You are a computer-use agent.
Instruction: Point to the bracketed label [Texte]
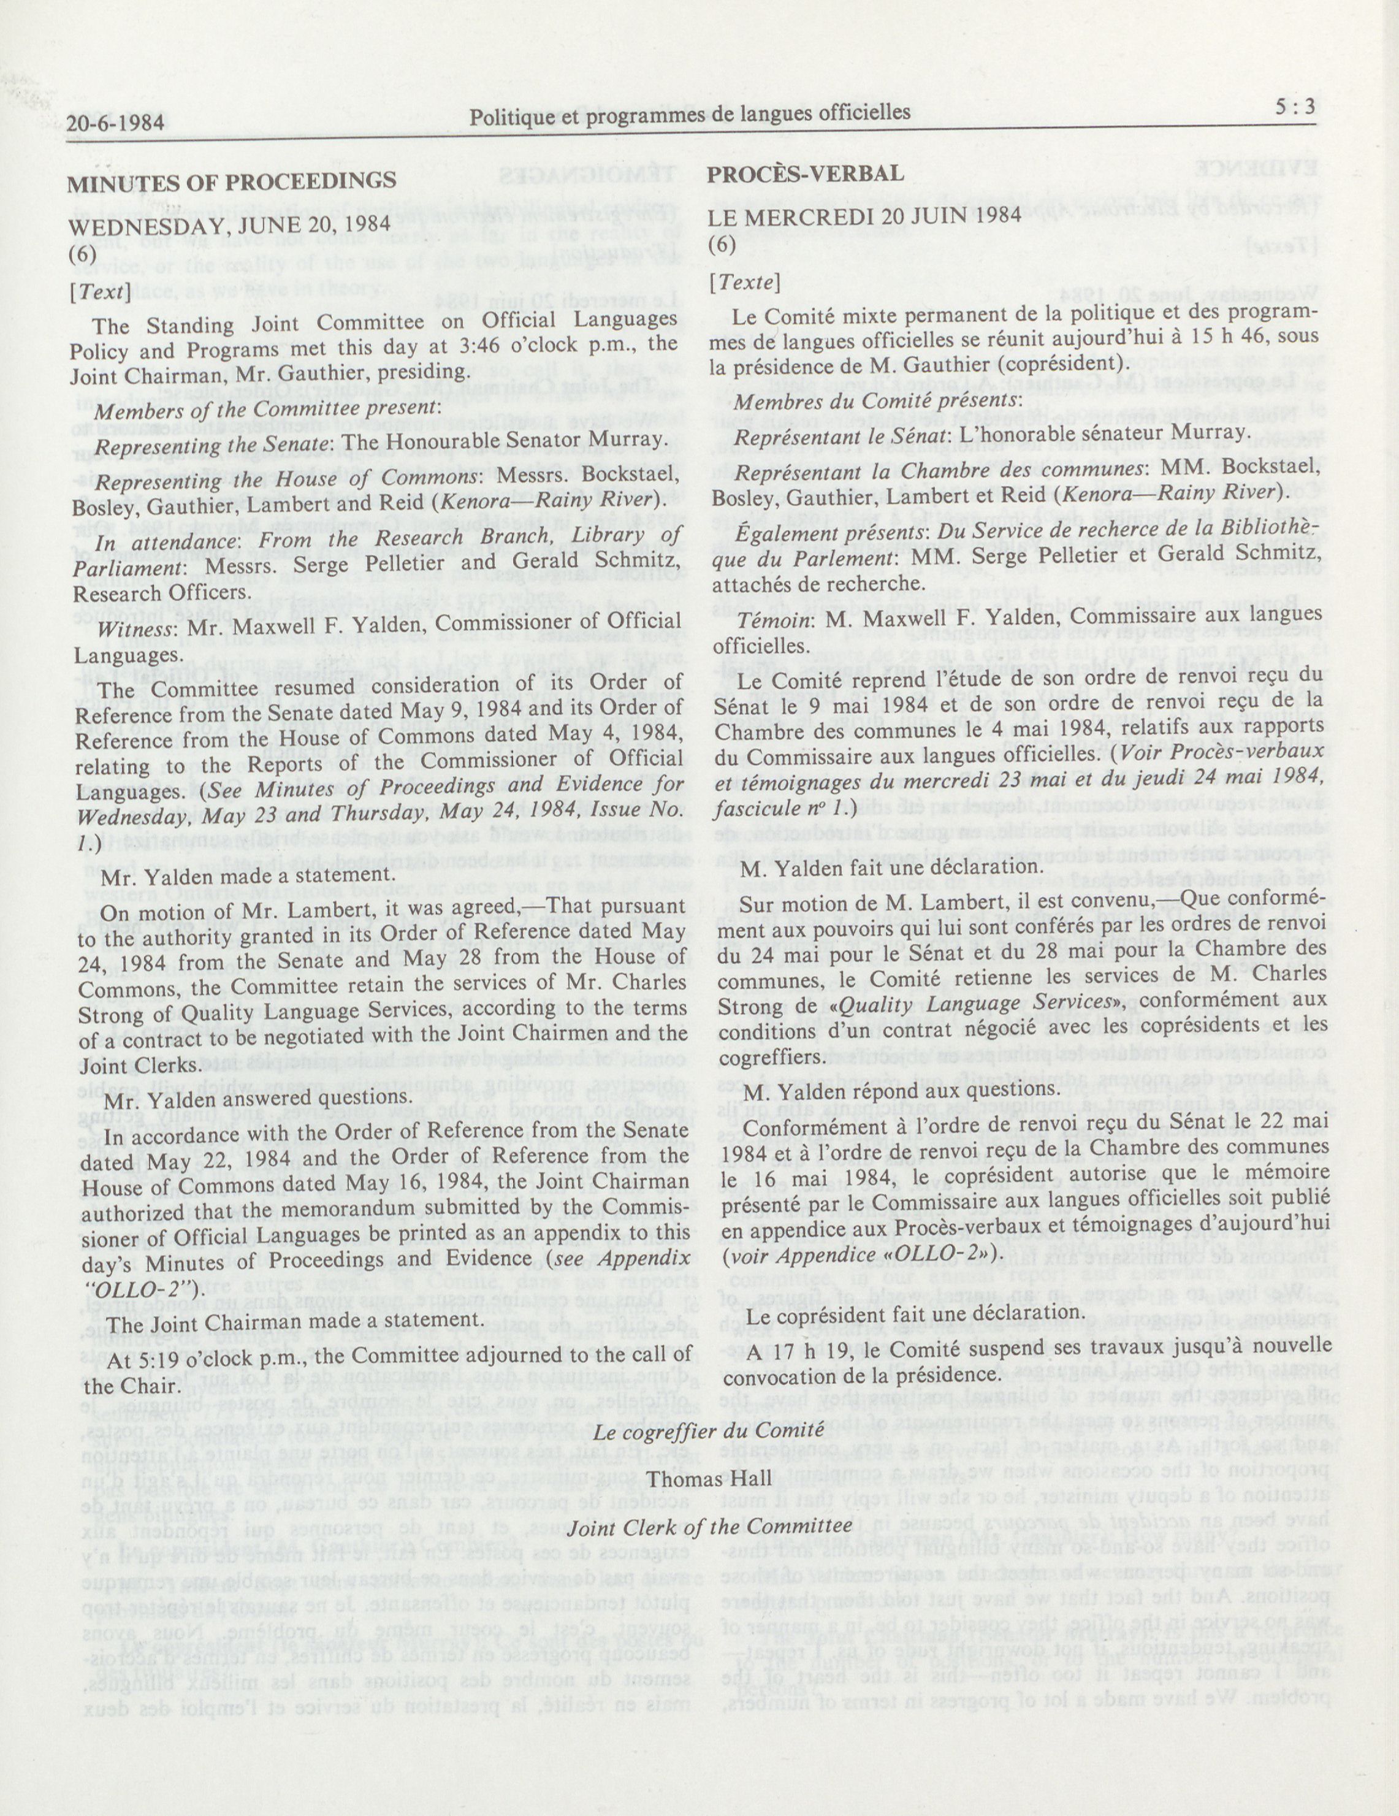(744, 282)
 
